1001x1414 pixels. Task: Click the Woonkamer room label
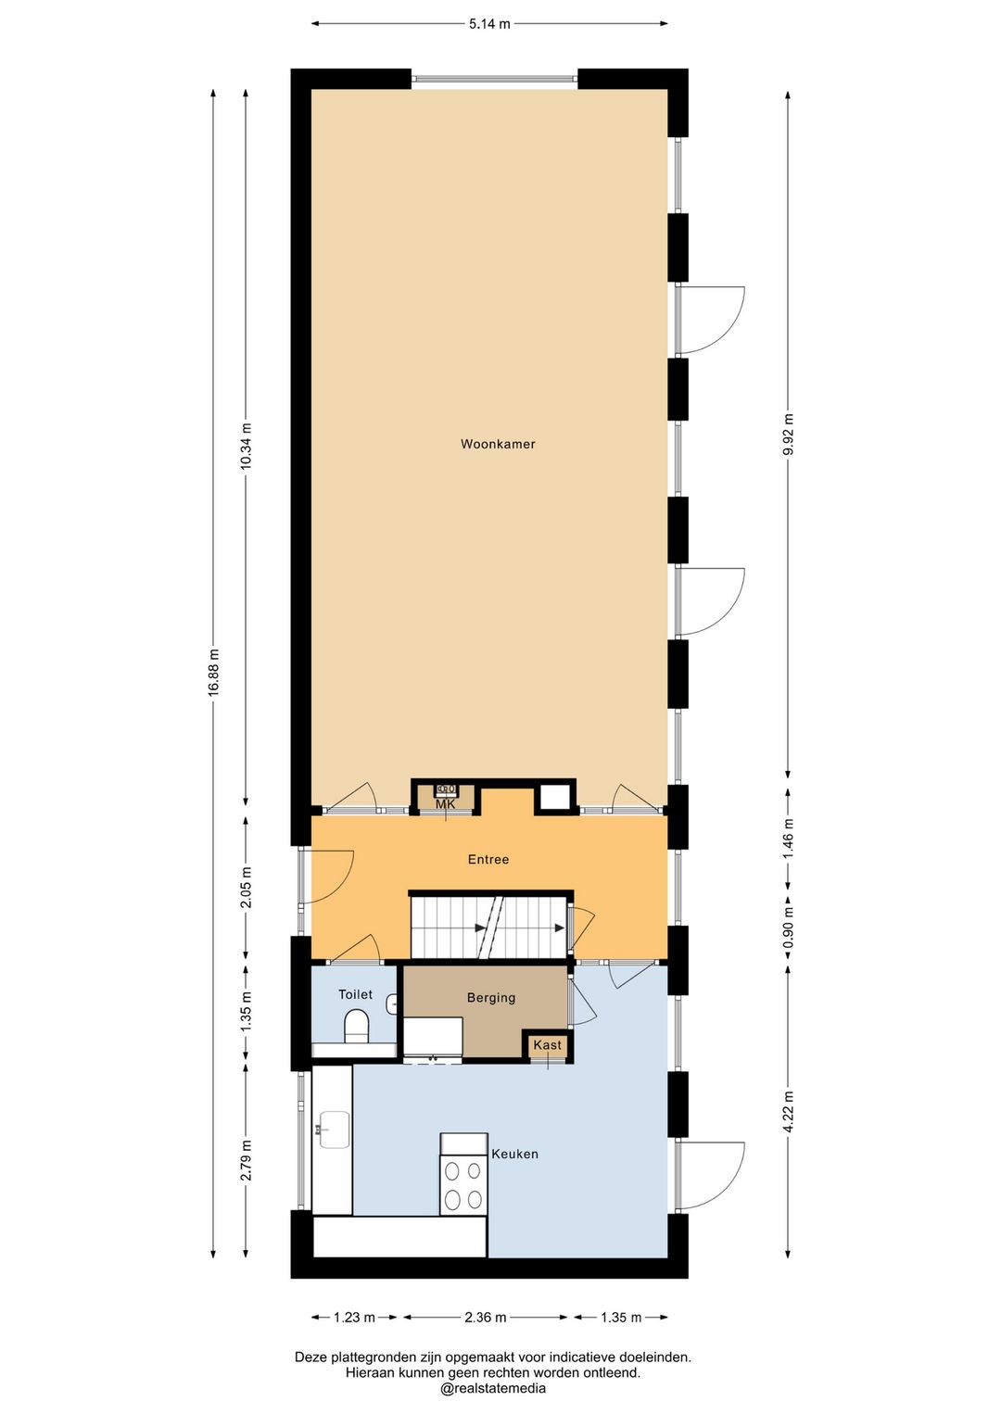pos(498,444)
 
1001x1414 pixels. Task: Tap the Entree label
pos(488,859)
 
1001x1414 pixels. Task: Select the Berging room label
pos(490,998)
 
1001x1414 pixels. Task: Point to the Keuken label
pos(514,1154)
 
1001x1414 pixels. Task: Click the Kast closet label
pos(547,1044)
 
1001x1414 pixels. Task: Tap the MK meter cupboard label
pos(445,805)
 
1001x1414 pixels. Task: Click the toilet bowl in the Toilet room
pos(356,1026)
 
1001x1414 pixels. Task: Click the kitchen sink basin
pos(334,1129)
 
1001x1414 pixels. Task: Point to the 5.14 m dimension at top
pos(489,24)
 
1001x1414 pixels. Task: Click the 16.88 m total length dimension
pos(213,673)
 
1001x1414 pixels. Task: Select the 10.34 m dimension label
pos(246,446)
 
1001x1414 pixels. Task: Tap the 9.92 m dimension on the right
pos(787,434)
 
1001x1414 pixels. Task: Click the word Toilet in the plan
pos(355,994)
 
